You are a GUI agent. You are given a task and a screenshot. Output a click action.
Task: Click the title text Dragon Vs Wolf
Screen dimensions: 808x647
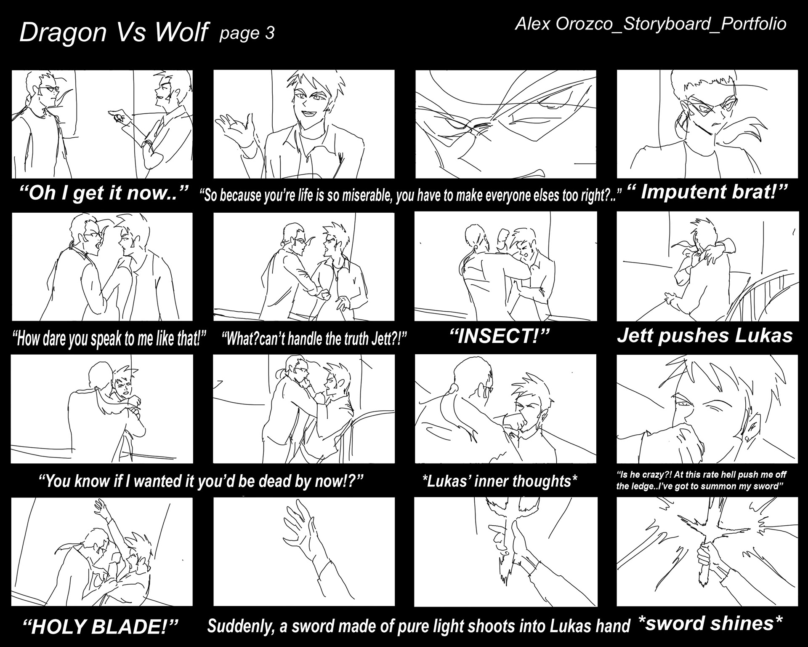[114, 32]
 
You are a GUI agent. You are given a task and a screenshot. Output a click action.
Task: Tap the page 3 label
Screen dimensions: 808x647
[247, 33]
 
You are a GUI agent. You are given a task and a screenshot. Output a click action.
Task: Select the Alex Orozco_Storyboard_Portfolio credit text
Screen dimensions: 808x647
[651, 24]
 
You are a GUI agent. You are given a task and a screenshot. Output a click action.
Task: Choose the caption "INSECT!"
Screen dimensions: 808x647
[500, 336]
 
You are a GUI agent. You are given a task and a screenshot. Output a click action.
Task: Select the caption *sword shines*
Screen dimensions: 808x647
[710, 623]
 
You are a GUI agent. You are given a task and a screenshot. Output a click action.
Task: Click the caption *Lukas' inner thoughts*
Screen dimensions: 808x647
[500, 481]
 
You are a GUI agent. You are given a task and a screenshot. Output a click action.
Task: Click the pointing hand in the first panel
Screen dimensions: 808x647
[116, 116]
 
